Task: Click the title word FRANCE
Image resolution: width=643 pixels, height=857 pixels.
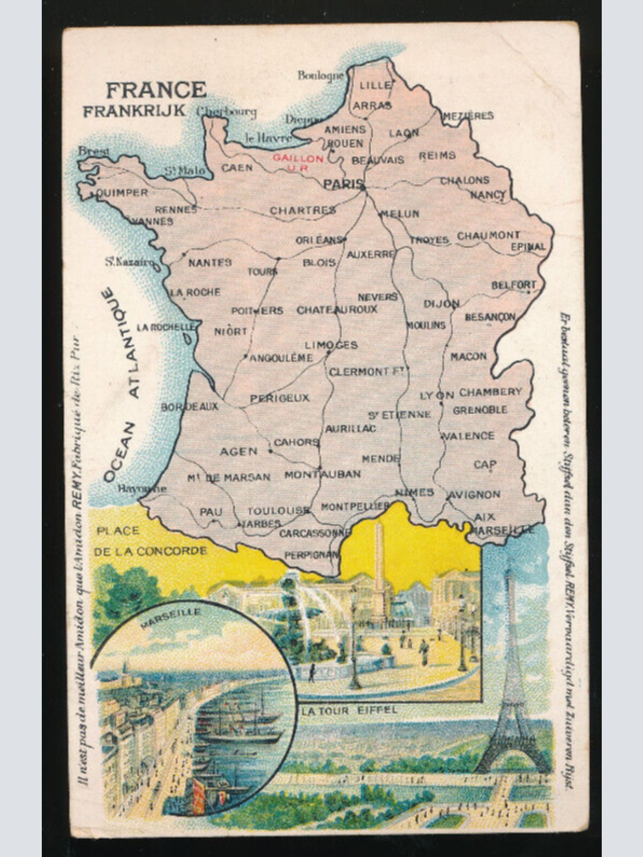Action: pyautogui.click(x=156, y=90)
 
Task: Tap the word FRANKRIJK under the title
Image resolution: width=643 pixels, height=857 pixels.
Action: pyautogui.click(x=134, y=111)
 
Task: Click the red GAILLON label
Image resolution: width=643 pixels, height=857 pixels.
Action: pyautogui.click(x=298, y=159)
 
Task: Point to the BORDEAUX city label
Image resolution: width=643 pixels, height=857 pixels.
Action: pyautogui.click(x=190, y=407)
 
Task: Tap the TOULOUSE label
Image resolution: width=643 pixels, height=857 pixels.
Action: pyautogui.click(x=278, y=510)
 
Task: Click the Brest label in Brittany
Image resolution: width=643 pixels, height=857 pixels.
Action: pyautogui.click(x=94, y=152)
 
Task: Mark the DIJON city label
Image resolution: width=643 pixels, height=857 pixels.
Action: pyautogui.click(x=441, y=304)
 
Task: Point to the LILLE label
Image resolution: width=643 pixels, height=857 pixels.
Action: pyautogui.click(x=375, y=86)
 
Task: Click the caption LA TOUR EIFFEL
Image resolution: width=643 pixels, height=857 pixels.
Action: pyautogui.click(x=349, y=711)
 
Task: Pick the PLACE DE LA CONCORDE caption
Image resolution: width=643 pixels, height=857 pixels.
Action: pyautogui.click(x=150, y=541)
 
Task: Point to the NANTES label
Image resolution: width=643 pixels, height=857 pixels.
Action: pyautogui.click(x=210, y=262)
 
